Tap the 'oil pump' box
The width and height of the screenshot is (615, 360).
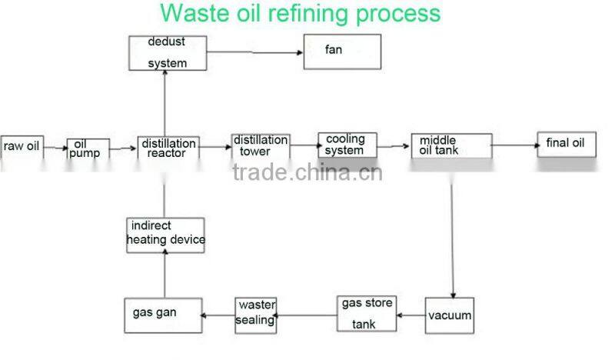(88, 148)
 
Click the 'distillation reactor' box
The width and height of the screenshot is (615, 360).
(168, 148)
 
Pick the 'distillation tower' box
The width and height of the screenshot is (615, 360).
(261, 145)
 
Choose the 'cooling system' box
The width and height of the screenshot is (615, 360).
(347, 145)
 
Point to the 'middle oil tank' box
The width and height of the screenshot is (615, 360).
(451, 145)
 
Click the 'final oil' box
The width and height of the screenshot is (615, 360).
(566, 144)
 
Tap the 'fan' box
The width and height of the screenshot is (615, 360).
(342, 52)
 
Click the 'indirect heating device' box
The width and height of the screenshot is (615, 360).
(166, 234)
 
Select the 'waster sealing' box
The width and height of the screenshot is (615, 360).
(255, 314)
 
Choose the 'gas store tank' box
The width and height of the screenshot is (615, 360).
(365, 314)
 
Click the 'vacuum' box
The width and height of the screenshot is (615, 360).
(450, 315)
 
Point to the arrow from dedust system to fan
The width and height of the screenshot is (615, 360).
(253, 52)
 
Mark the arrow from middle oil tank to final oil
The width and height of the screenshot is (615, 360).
(514, 144)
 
